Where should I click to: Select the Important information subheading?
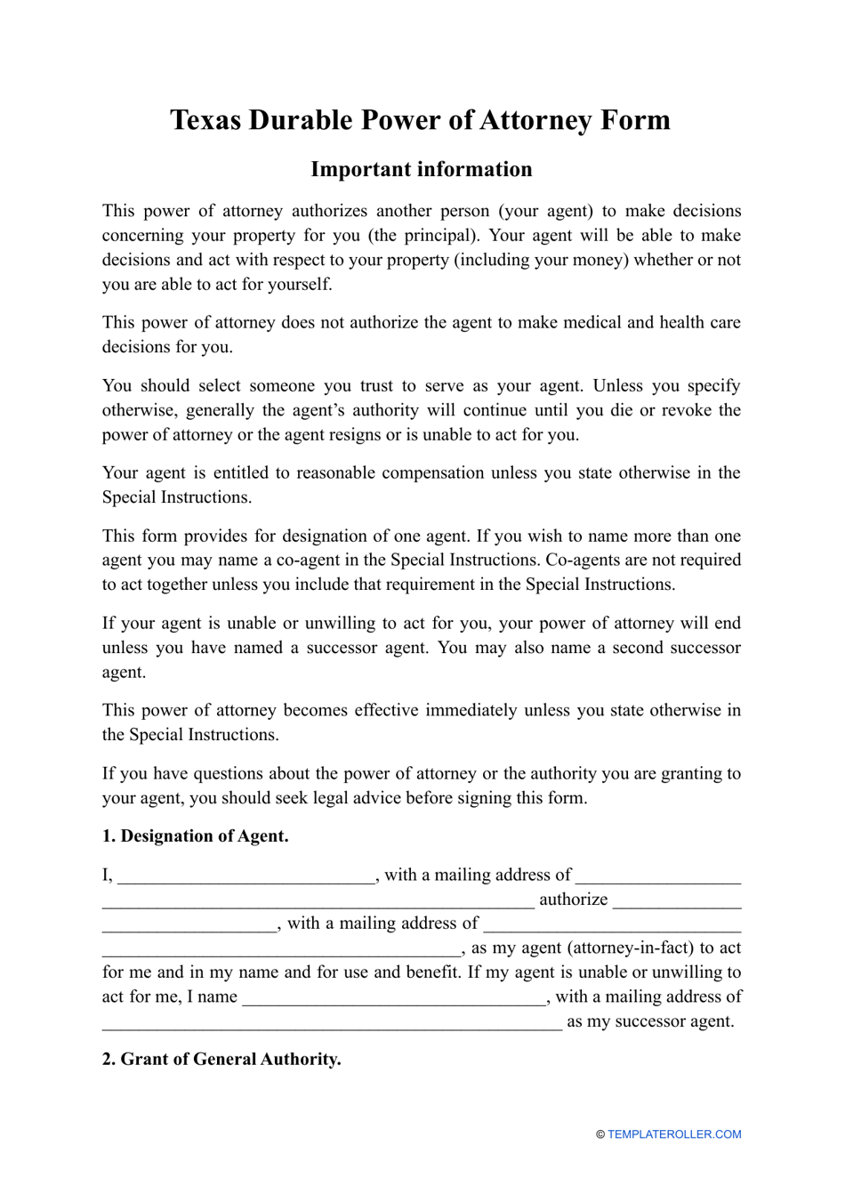coord(421,169)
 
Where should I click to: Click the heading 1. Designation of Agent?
coord(195,836)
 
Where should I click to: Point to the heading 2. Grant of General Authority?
coord(221,1060)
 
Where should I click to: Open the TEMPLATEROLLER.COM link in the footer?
coord(674,1134)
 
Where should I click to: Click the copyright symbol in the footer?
coord(600,1134)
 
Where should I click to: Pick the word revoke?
coord(682,410)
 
